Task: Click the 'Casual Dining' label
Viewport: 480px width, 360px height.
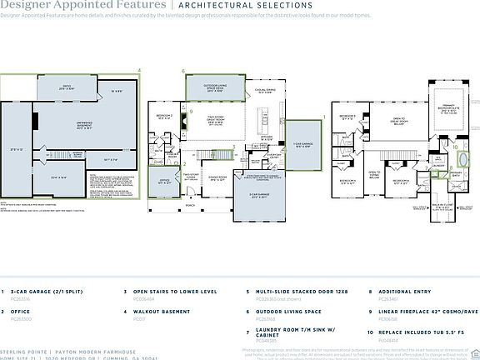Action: click(267, 92)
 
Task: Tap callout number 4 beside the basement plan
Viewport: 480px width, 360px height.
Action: click(138, 72)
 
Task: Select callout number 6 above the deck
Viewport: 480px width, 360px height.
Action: click(183, 72)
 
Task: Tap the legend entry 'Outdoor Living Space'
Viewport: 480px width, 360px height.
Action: click(283, 312)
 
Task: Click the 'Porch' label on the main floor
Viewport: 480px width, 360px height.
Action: click(191, 205)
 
